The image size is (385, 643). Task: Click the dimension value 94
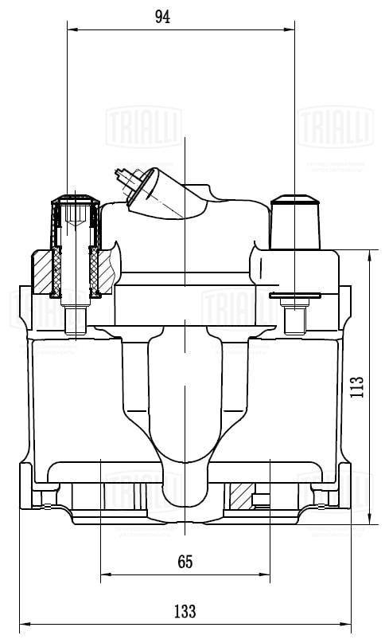tap(163, 17)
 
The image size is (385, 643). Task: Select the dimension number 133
tap(185, 611)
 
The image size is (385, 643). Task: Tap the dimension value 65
tap(185, 562)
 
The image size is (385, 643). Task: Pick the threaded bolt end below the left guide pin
tap(75, 319)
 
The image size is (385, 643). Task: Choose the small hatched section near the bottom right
tap(239, 497)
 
